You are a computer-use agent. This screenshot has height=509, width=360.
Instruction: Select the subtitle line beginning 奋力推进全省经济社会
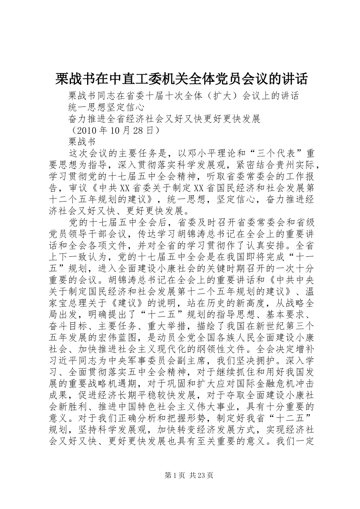pyautogui.click(x=164, y=119)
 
